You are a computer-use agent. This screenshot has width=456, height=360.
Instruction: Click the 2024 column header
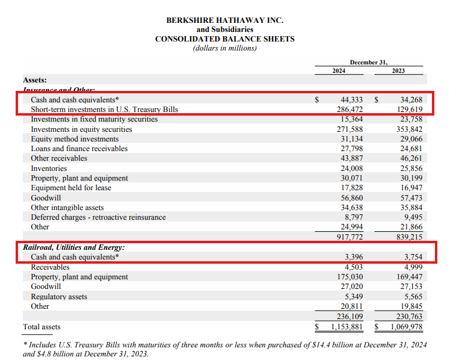[x=339, y=71]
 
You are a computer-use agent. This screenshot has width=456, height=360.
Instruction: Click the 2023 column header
[x=398, y=71]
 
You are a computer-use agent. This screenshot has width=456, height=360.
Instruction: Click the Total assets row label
[x=42, y=327]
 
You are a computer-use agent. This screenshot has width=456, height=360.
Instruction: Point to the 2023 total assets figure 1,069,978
[x=405, y=327]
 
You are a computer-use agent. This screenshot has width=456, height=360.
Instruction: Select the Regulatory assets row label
[x=59, y=297]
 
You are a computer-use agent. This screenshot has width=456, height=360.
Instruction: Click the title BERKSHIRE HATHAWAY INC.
[x=225, y=20]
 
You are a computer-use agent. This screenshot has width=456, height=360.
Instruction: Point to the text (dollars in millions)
[x=225, y=48]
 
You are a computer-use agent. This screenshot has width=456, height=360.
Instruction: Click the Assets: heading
[x=35, y=79]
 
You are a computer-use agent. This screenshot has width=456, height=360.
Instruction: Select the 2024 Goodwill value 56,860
[x=352, y=197]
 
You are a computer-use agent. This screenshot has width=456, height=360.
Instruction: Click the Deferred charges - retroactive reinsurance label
[x=98, y=217]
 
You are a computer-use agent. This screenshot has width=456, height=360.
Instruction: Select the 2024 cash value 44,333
[x=352, y=100]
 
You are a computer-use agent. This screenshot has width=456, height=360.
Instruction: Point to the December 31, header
[x=369, y=61]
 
